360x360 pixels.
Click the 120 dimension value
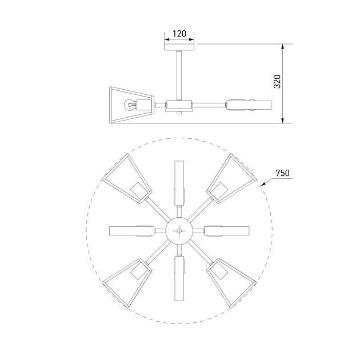click(x=179, y=34)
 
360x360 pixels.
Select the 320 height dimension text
click(x=277, y=83)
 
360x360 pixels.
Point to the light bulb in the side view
click(x=131, y=105)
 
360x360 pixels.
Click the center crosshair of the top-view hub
click(x=179, y=231)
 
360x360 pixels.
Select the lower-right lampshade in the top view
click(x=231, y=283)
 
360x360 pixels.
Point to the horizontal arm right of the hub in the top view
click(x=227, y=231)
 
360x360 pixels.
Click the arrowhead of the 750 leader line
click(x=262, y=186)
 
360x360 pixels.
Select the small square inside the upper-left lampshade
click(x=138, y=190)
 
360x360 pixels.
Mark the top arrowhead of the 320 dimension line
click(x=283, y=47)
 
